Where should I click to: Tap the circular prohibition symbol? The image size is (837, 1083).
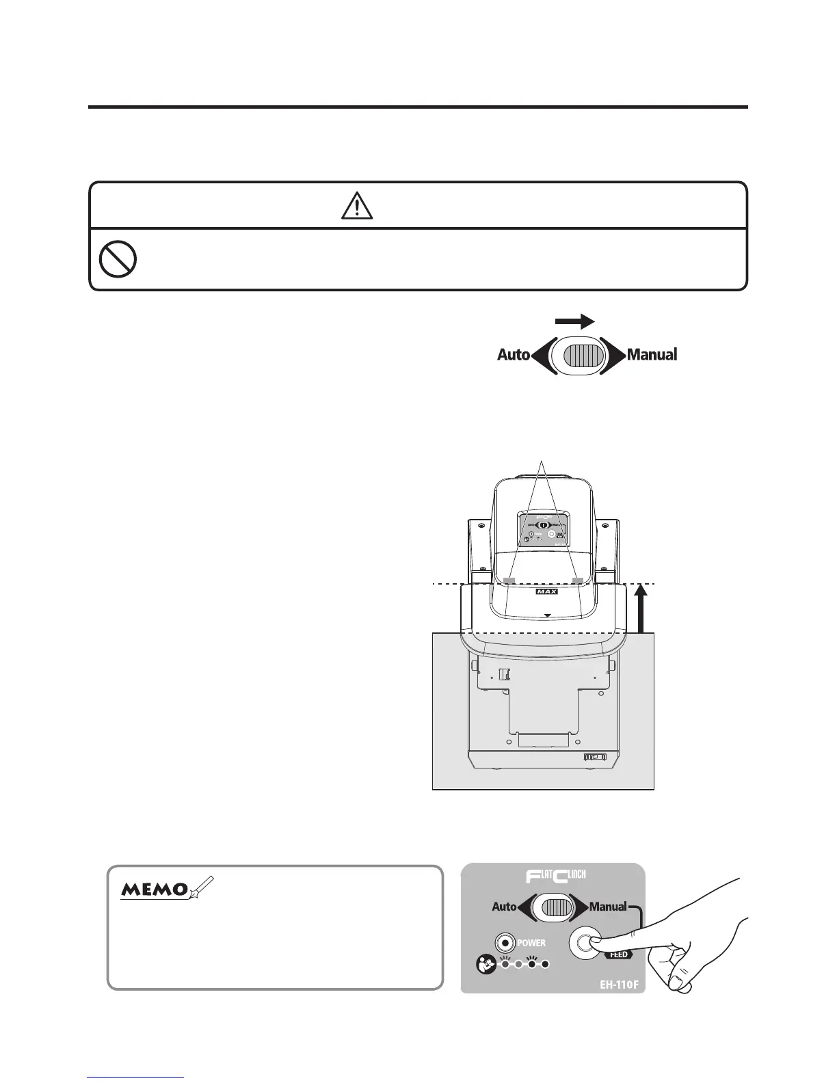coord(118,260)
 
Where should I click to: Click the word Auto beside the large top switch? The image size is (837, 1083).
coord(514,355)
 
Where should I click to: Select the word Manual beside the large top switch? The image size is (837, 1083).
coord(652,355)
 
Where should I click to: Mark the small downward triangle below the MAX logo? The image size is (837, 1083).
coord(547,615)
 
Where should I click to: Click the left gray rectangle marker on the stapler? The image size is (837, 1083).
coord(508,580)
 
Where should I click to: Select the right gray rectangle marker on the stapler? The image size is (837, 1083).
coord(578,580)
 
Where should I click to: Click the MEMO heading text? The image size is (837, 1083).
coord(155,890)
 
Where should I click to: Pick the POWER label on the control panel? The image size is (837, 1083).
coord(531,943)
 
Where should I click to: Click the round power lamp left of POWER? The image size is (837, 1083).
coord(505,944)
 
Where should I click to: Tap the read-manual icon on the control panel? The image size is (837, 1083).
coord(486,965)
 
